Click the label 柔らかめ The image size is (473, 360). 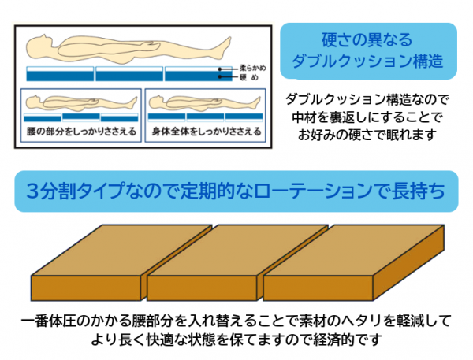coord(253,68)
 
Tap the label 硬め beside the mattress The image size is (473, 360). coord(249,77)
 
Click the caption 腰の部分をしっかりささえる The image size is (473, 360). coord(81,132)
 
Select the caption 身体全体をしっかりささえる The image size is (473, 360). coord(207,132)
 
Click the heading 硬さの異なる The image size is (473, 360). coord(367,40)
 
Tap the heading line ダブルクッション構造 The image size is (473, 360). coord(367,61)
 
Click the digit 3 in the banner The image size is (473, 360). coord(32,191)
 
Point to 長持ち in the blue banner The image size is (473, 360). coord(419,191)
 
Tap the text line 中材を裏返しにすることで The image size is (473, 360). coord(367,117)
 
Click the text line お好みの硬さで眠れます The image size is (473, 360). coord(367,135)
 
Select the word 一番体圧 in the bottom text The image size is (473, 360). coord(49,321)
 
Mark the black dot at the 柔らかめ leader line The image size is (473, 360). coord(220,69)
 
